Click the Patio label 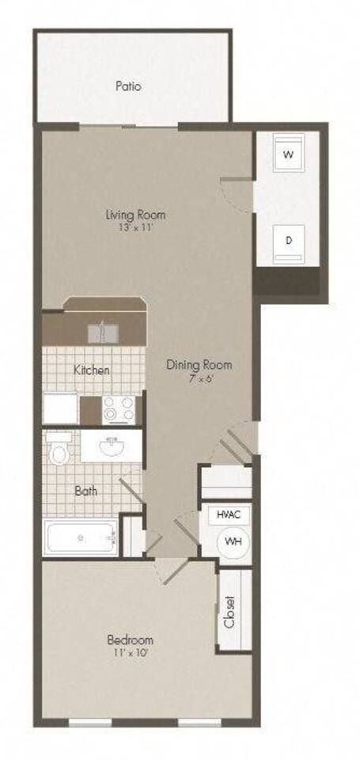(x=128, y=85)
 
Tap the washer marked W (x=288, y=153)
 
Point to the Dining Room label (x=199, y=365)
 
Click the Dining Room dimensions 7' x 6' (x=199, y=378)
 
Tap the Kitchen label (x=92, y=370)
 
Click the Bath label (x=85, y=492)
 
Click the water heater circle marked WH (x=233, y=541)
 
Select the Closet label (x=230, y=611)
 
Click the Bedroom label (x=131, y=640)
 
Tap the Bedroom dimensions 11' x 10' (x=131, y=653)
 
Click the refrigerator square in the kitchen (x=60, y=409)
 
